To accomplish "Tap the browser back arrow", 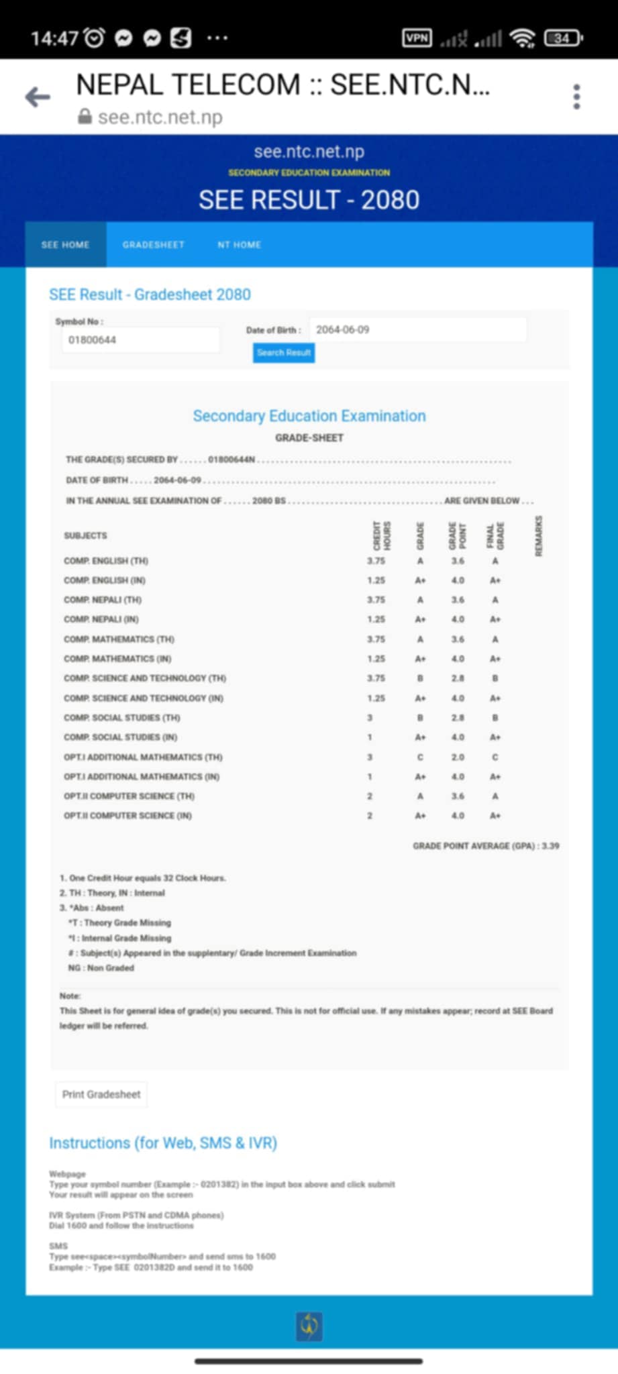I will [38, 97].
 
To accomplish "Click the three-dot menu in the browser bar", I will [576, 97].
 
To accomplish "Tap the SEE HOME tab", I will [65, 245].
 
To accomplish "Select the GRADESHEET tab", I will [153, 245].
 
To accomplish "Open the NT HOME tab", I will [239, 245].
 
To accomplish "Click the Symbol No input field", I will [140, 340].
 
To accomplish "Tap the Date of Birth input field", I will [417, 329].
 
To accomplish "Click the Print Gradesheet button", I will [101, 1094].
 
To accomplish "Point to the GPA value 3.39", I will [550, 846].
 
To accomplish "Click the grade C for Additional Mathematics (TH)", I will [420, 757].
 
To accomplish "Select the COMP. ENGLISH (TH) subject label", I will [106, 561].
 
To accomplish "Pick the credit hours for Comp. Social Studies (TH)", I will [370, 718].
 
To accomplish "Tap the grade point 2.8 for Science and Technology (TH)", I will [458, 678].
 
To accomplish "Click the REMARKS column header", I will [538, 535].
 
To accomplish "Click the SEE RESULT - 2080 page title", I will [309, 200].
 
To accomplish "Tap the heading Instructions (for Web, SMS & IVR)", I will [163, 1143].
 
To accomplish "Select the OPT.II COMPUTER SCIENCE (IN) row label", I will [127, 816].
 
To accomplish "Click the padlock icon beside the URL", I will [85, 117].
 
